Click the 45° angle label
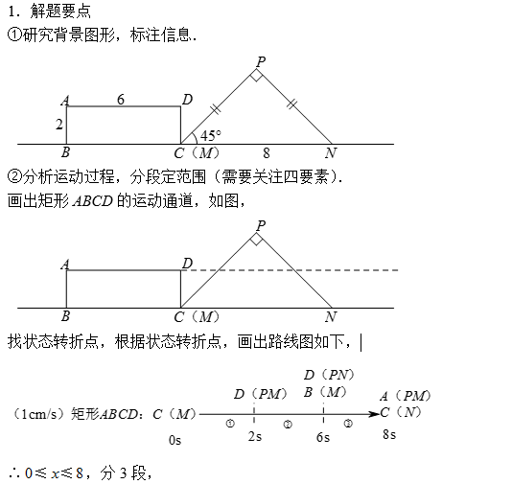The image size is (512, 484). pyautogui.click(x=211, y=135)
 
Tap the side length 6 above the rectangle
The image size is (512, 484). pyautogui.click(x=121, y=100)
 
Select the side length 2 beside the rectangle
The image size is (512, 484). pyautogui.click(x=59, y=125)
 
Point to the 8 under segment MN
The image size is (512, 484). pyautogui.click(x=267, y=152)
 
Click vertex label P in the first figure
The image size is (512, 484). pyautogui.click(x=261, y=61)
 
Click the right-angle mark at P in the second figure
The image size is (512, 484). pyautogui.click(x=257, y=239)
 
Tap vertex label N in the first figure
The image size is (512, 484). pyautogui.click(x=331, y=152)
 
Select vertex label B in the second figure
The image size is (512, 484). pyautogui.click(x=65, y=316)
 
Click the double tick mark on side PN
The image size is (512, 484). pyautogui.click(x=291, y=104)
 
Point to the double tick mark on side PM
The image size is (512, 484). pyautogui.click(x=215, y=108)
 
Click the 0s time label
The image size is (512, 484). pyautogui.click(x=175, y=441)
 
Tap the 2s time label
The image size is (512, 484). pyautogui.click(x=255, y=436)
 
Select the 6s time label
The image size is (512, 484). pyautogui.click(x=323, y=437)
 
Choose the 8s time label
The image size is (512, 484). pyautogui.click(x=389, y=435)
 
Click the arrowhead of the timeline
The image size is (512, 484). pyautogui.click(x=374, y=414)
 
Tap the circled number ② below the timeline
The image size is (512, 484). pyautogui.click(x=288, y=425)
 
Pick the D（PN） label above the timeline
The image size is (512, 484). pyautogui.click(x=329, y=375)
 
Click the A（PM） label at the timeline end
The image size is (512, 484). pyautogui.click(x=406, y=396)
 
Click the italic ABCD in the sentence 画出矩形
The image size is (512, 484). pyautogui.click(x=93, y=201)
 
